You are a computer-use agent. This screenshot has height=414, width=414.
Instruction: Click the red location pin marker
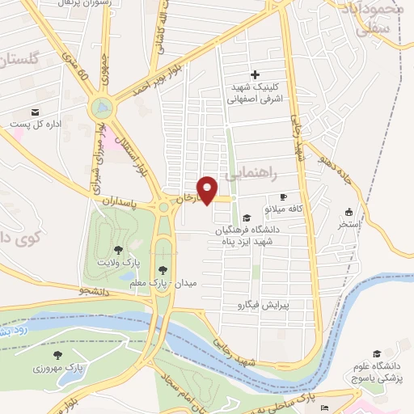[x=208, y=189]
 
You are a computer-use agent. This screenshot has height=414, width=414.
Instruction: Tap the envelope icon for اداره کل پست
[x=35, y=112]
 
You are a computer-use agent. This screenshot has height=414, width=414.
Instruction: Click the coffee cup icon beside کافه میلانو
[x=283, y=196]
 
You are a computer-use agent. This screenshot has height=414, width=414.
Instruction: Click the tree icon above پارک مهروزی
[x=57, y=354]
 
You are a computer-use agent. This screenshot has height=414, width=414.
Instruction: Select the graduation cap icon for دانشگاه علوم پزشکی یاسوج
[x=376, y=353]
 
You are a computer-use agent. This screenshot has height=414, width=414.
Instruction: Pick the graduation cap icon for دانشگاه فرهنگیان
[x=246, y=218]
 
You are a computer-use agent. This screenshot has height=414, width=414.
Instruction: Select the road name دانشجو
[x=93, y=289]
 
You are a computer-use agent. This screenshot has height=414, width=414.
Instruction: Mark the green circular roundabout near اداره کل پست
[x=102, y=108]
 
